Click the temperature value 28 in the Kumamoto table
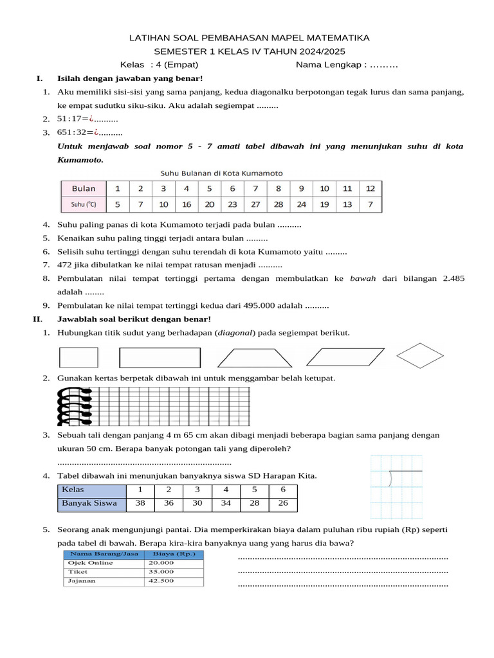click(278, 205)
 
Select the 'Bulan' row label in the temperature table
click(83, 188)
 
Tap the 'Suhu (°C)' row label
click(83, 205)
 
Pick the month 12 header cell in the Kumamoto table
click(370, 188)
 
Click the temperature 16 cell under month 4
click(187, 205)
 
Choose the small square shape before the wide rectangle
click(78, 357)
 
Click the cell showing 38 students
click(140, 503)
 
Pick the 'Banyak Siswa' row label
click(89, 503)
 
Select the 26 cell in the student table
click(283, 503)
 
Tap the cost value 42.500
click(161, 581)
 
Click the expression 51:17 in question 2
click(72, 119)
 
